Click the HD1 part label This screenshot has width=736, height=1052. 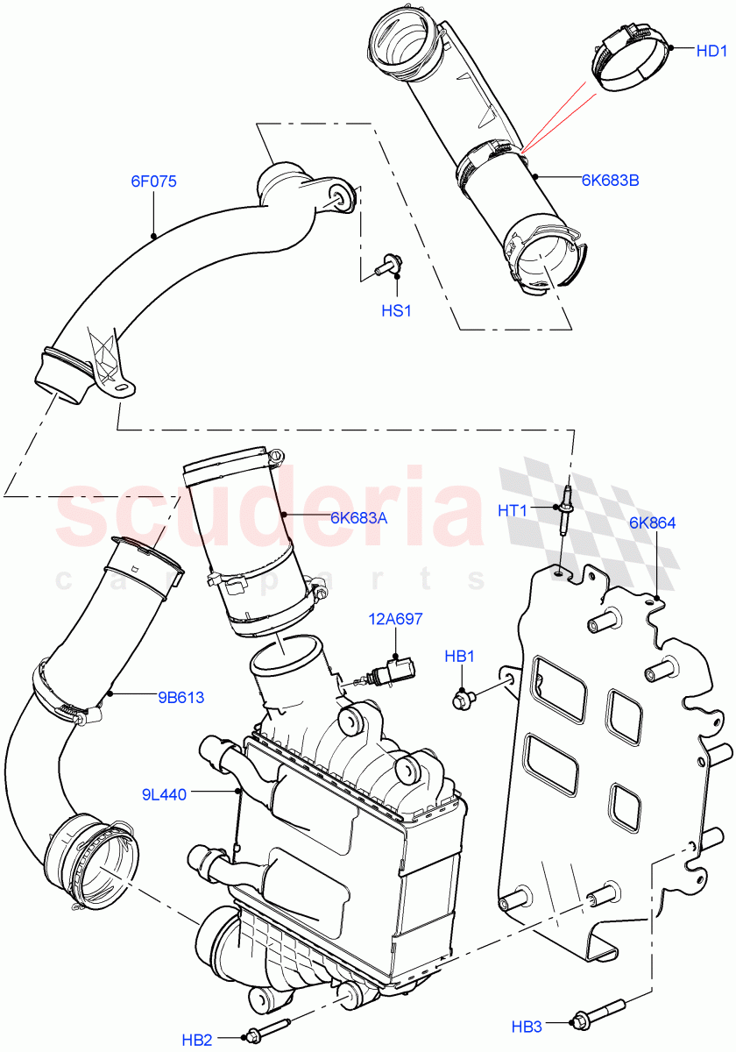pyautogui.click(x=711, y=52)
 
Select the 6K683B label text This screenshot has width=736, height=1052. pyautogui.click(x=610, y=181)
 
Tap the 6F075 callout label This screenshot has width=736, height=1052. pyautogui.click(x=154, y=182)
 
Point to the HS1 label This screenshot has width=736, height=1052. pyautogui.click(x=396, y=311)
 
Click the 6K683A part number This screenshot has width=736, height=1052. pyautogui.click(x=358, y=518)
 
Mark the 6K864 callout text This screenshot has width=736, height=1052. pyautogui.click(x=653, y=523)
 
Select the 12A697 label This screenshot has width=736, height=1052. pyautogui.click(x=395, y=619)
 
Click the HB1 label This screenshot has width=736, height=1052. pyautogui.click(x=459, y=655)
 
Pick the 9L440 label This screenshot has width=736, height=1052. pyautogui.click(x=164, y=795)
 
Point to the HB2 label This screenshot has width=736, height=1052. pyautogui.click(x=198, y=1041)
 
